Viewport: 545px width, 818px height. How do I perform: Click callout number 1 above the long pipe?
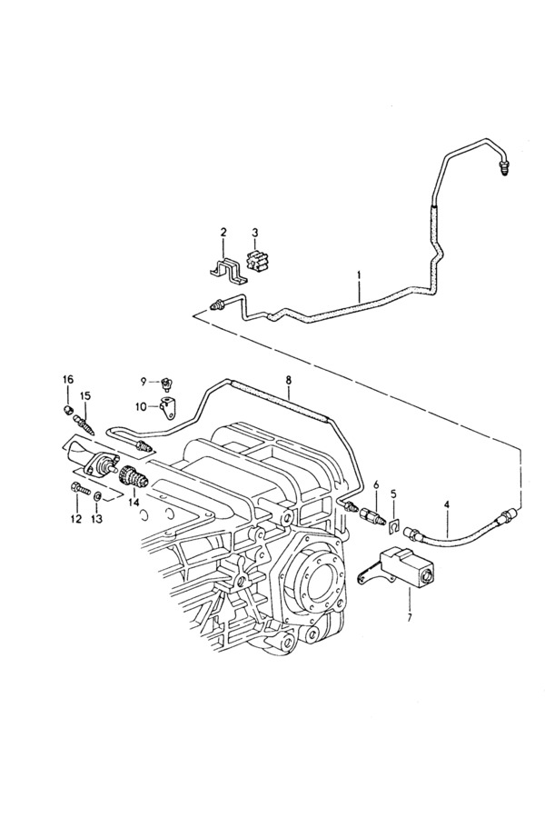[x=359, y=274]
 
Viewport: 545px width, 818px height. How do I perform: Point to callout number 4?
[x=446, y=504]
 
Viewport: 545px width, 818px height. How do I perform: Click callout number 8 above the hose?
[x=289, y=380]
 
